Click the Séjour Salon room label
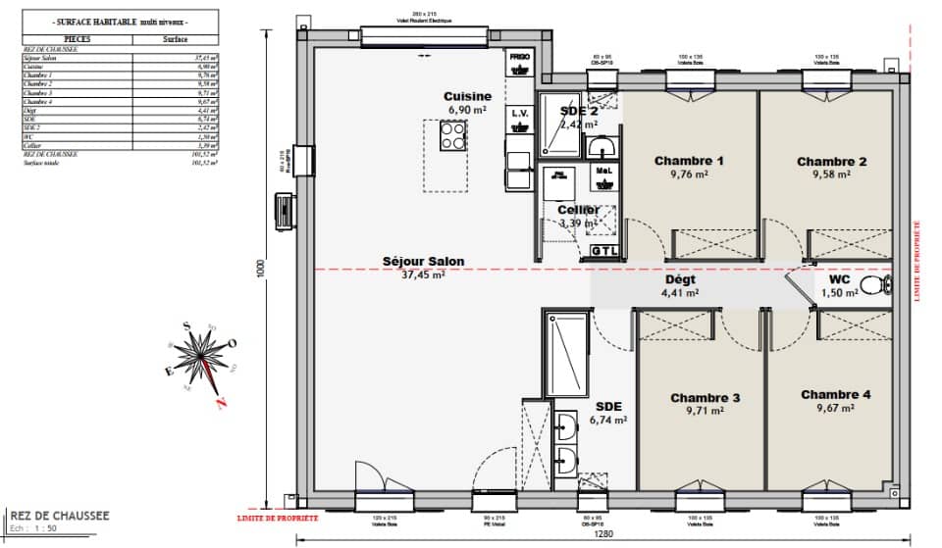(424, 262)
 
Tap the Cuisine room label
(467, 97)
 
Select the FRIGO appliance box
(520, 61)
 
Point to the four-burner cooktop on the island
(452, 138)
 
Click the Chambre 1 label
(689, 161)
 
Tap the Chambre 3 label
(705, 398)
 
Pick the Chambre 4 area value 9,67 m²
(835, 409)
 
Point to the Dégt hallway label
(679, 278)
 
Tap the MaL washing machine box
(603, 173)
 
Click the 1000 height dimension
(261, 270)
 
